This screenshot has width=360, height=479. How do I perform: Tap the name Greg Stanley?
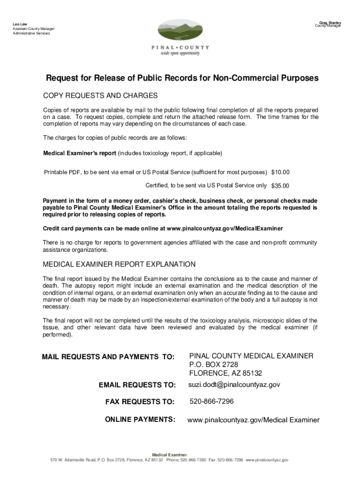(x=330, y=22)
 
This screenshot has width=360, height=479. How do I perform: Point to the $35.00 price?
(x=281, y=185)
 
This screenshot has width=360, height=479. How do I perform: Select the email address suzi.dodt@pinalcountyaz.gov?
(x=234, y=385)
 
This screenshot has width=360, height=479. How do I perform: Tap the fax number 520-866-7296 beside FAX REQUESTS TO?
(x=211, y=401)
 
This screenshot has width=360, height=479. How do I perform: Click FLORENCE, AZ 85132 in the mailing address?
(x=225, y=373)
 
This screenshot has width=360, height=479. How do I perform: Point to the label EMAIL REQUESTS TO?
(x=137, y=385)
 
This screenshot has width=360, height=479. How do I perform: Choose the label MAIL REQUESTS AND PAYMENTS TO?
(x=108, y=357)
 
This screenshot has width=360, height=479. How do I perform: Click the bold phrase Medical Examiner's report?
(x=79, y=153)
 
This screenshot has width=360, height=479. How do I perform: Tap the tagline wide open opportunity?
(x=180, y=53)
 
